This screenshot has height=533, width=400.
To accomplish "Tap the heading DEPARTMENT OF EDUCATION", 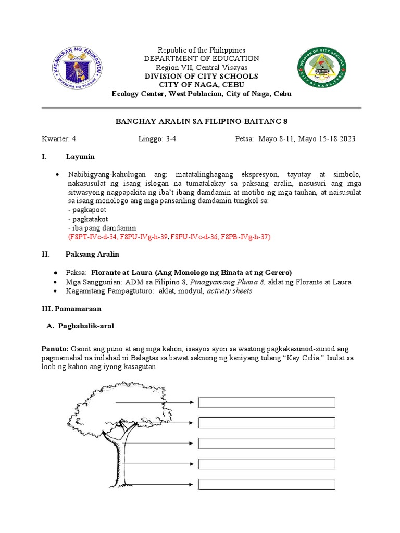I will pyautogui.click(x=202, y=59).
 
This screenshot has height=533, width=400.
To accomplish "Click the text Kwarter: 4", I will pyautogui.click(x=59, y=139).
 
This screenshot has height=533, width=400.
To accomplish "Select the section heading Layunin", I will pyautogui.click(x=80, y=157).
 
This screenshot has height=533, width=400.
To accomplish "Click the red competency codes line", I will pyautogui.click(x=169, y=236).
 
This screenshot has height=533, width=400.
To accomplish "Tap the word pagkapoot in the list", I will pyautogui.click(x=87, y=210).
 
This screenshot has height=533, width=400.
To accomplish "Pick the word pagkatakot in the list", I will pyautogui.click(x=89, y=219).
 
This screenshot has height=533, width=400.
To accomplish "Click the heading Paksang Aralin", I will pyautogui.click(x=92, y=254).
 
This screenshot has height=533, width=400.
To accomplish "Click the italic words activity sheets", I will pyautogui.click(x=229, y=290).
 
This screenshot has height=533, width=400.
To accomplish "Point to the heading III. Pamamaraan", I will pyautogui.click(x=71, y=309).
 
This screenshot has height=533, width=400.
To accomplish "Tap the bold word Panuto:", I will pyautogui.click(x=55, y=348).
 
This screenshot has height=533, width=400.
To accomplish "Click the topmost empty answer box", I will pyautogui.click(x=267, y=402).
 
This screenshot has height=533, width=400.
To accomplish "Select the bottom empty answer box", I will pyautogui.click(x=267, y=485).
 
